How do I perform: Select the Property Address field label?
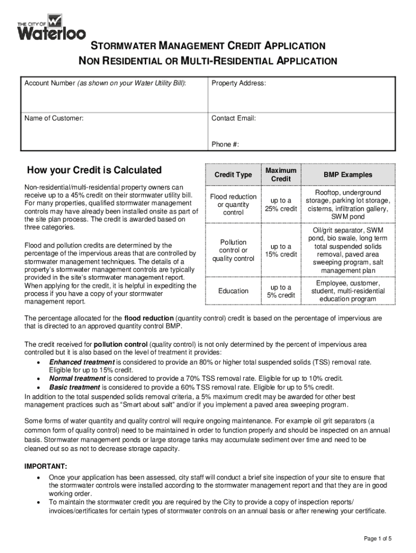[x=238, y=84]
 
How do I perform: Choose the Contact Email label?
[x=233, y=118]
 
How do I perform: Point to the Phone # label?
[x=225, y=144]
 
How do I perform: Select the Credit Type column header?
[x=233, y=175]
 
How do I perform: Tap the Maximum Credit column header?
[x=281, y=174]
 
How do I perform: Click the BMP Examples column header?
[x=348, y=175]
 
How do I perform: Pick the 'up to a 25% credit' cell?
[x=281, y=205]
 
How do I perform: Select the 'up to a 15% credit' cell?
[x=281, y=250]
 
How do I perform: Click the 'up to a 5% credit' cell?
[x=281, y=291]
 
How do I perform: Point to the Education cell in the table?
[x=233, y=291]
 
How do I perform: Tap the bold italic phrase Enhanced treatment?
[x=82, y=362]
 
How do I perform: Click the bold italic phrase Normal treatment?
[x=77, y=379]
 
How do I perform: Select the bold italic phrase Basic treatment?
[x=75, y=387]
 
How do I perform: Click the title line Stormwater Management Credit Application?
[x=207, y=46]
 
